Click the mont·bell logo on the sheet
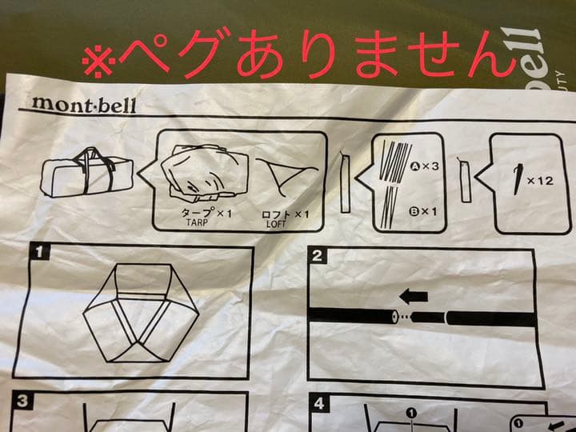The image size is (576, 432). click(x=83, y=105)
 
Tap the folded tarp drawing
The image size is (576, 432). click(x=200, y=173)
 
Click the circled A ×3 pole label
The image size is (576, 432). click(x=424, y=167)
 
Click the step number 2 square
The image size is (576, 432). click(x=317, y=256)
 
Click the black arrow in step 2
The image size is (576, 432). click(x=413, y=296)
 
